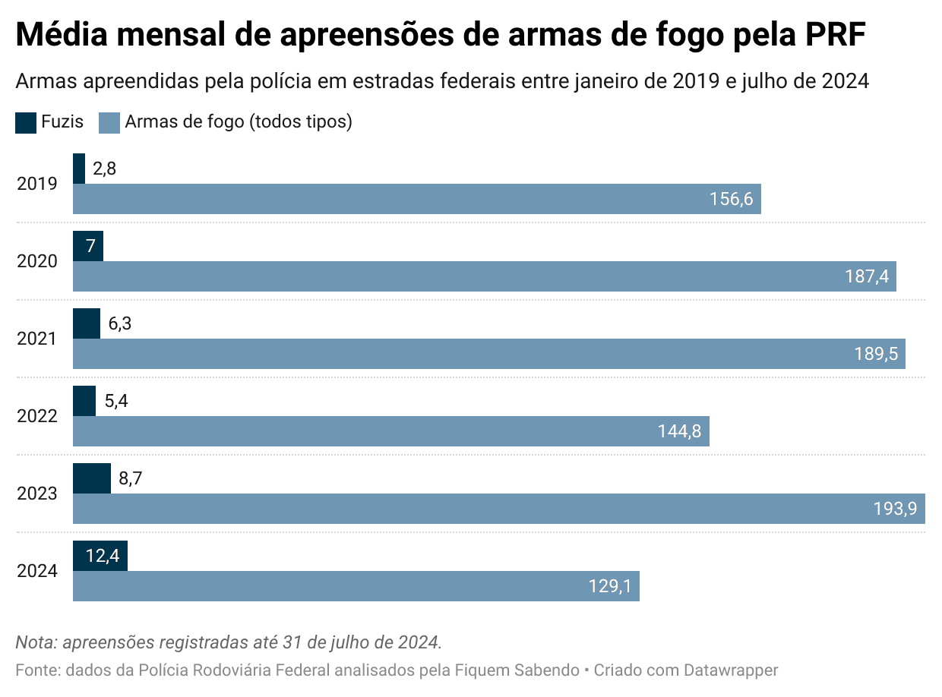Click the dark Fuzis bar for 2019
click(79, 169)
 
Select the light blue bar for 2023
click(498, 509)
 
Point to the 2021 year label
click(37, 339)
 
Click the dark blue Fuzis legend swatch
click(26, 122)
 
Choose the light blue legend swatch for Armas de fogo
click(110, 122)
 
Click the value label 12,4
click(102, 556)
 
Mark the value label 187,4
click(867, 276)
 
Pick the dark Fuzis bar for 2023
click(92, 478)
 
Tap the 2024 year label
click(37, 571)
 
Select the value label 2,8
click(104, 169)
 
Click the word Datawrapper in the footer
click(731, 670)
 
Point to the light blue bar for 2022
click(390, 431)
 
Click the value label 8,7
click(131, 478)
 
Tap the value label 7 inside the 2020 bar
click(90, 246)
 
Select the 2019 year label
click(37, 184)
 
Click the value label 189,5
click(876, 354)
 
